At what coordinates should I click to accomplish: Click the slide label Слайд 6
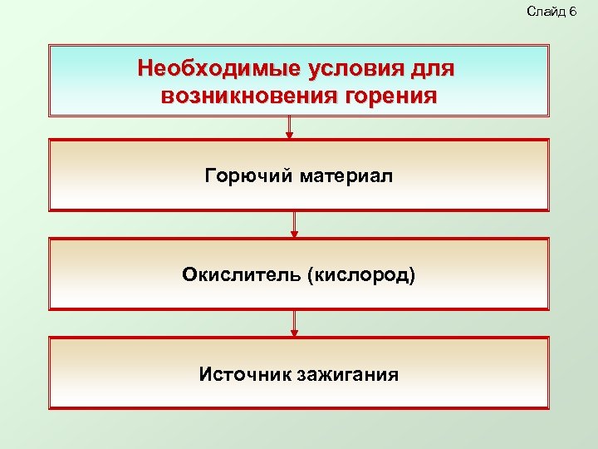pos(551,11)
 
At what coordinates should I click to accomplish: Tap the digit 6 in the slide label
pos(572,11)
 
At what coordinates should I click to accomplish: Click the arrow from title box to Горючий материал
pos(289,127)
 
